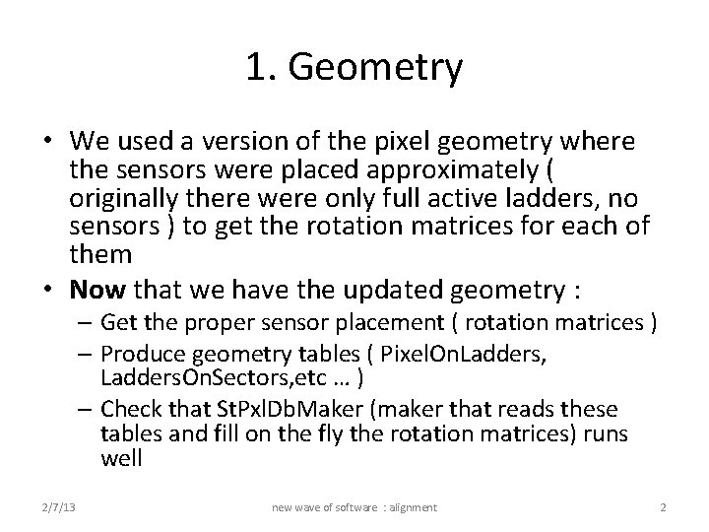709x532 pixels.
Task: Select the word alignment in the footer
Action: click(409, 507)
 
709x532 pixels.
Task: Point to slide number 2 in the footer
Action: click(663, 507)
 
